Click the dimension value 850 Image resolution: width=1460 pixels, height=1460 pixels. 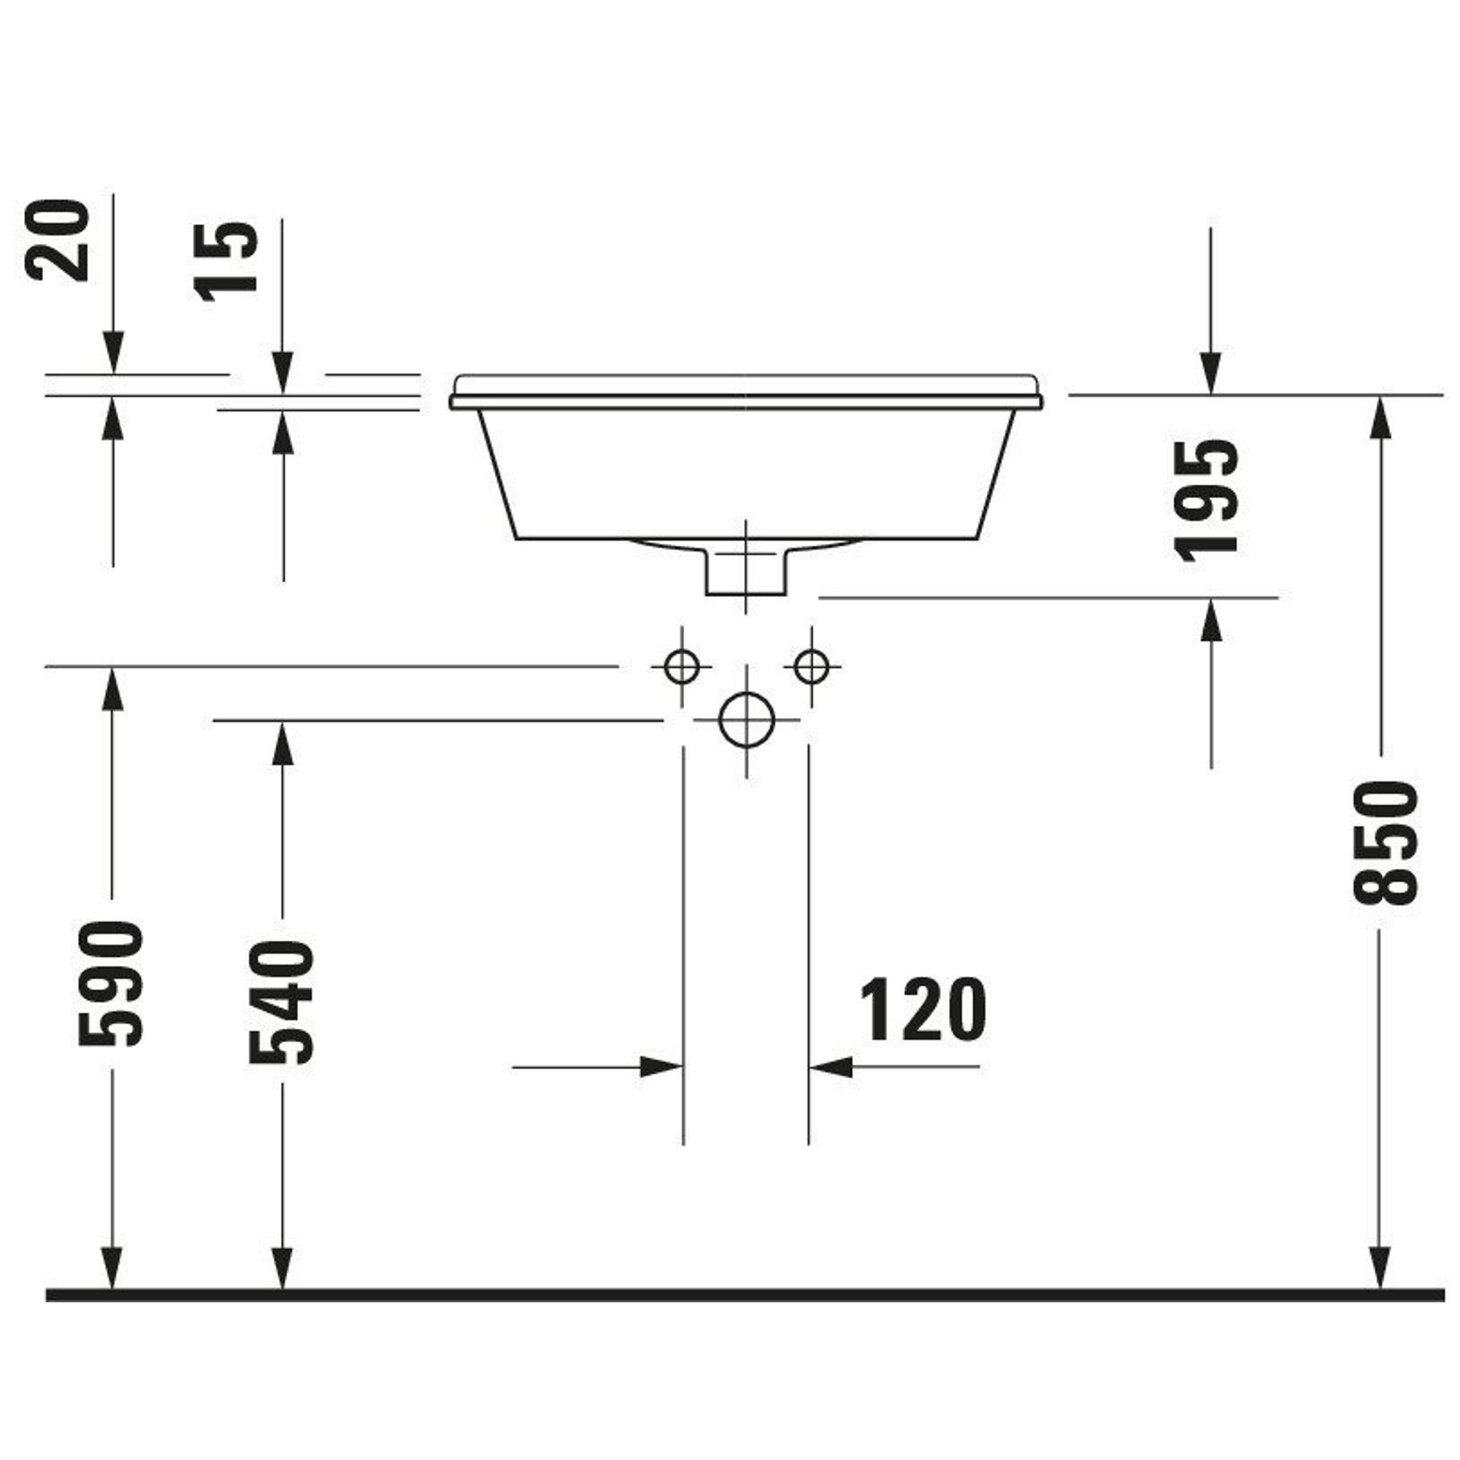1382,842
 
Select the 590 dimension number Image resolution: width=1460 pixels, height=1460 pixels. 110,983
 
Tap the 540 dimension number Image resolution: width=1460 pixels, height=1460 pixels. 281,1002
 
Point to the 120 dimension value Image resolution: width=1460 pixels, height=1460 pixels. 923,1009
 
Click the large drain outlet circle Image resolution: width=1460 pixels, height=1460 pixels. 747,720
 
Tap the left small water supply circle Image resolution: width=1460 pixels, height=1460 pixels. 682,666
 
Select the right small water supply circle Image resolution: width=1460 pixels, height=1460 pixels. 812,666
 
